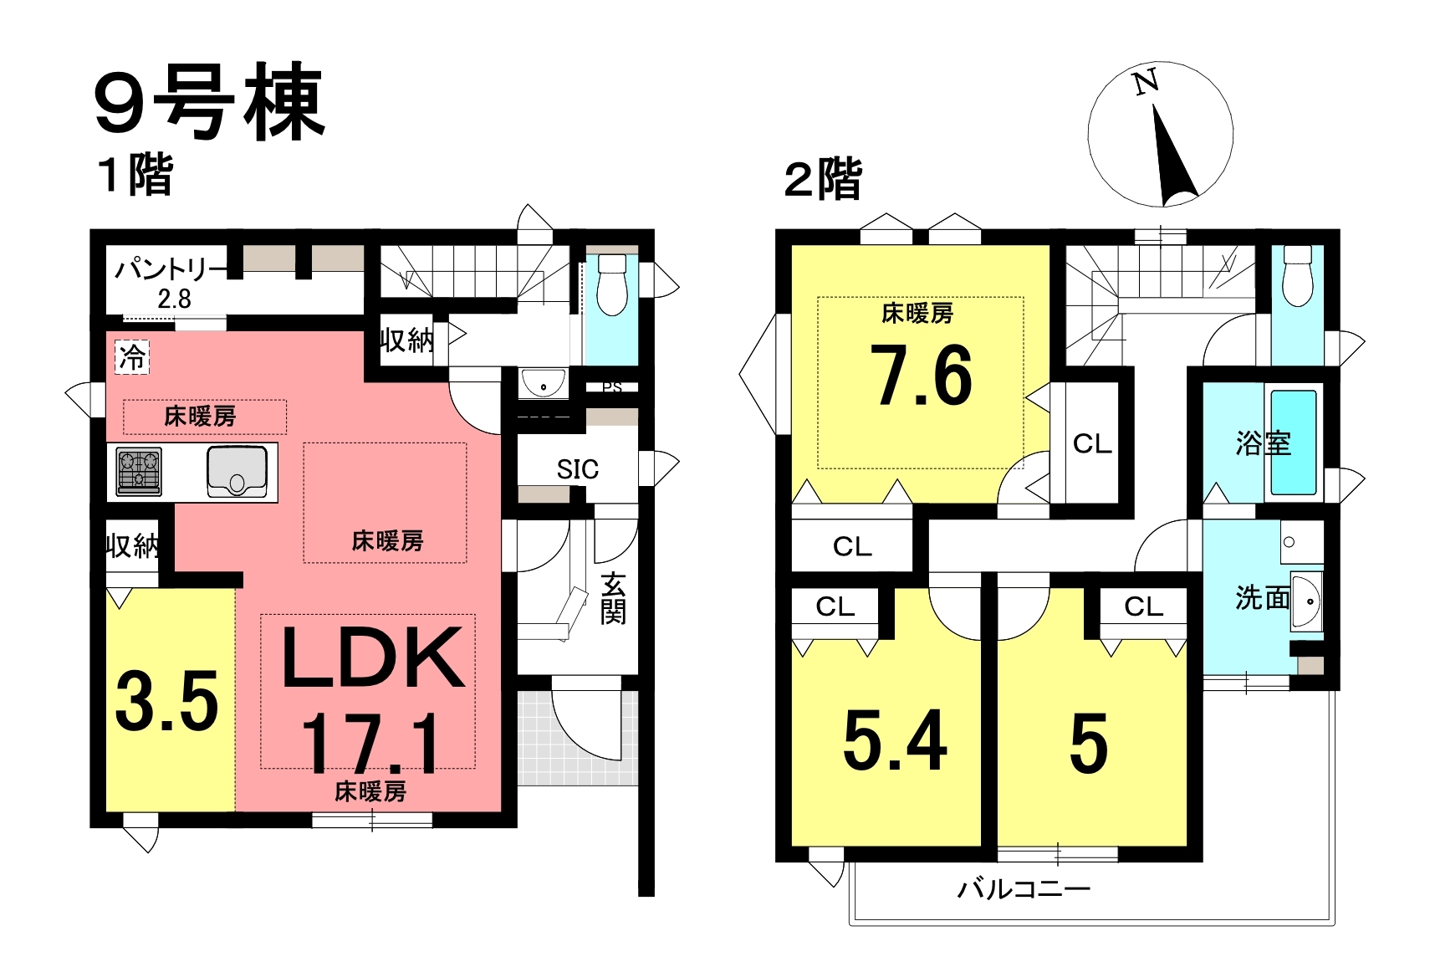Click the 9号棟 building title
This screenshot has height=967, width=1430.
coord(210,102)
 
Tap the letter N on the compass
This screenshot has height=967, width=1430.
coord(1147,83)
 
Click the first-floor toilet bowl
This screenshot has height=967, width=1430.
coord(611,285)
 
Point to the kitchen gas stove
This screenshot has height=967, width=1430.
coord(139,472)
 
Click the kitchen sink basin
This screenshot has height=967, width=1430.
coord(237,472)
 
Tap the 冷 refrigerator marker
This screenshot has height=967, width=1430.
coord(132,358)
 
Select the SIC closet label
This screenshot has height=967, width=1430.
coord(577,469)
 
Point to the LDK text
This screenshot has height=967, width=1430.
coord(373,657)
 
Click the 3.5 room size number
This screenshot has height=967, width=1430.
coord(166,701)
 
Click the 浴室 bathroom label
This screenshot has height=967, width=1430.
coord(1264,444)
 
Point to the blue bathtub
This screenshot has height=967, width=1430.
coord(1294,443)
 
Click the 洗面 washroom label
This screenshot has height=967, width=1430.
coord(1262,598)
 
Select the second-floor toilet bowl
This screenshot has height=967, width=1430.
coord(1296,276)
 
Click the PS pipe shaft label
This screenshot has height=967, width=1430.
coord(611,387)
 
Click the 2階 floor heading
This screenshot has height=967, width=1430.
coord(823,180)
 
